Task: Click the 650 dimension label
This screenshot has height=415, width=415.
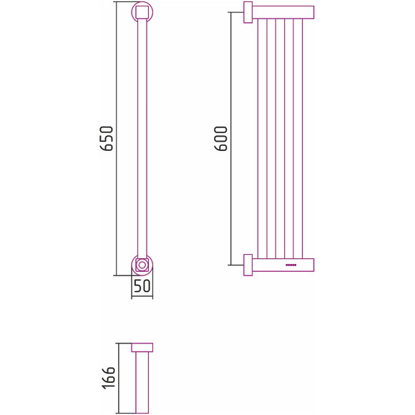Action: click(107, 138)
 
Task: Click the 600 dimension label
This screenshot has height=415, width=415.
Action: click(221, 138)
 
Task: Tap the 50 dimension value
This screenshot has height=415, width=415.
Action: click(142, 285)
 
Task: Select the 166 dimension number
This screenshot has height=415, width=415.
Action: click(109, 378)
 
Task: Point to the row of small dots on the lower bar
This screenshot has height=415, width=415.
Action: click(291, 265)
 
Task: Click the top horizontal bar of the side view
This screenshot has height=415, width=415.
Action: click(283, 12)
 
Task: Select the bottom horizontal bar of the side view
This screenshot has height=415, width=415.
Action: click(283, 265)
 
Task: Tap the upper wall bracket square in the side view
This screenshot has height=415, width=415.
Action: click(248, 12)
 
